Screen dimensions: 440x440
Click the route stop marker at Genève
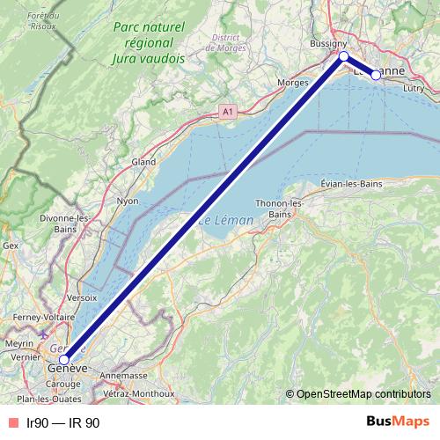[x=63, y=359]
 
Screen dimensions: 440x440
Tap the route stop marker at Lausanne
[x=376, y=75]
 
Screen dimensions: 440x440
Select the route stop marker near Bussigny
[x=343, y=56]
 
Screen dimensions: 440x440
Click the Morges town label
[x=292, y=82]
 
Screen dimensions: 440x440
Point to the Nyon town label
[x=128, y=202]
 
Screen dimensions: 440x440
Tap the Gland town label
[x=143, y=162]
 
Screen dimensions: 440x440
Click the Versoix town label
[x=81, y=297]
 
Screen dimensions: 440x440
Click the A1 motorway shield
[x=228, y=112]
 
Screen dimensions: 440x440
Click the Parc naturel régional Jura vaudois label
[x=149, y=43]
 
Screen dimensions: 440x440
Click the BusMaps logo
[x=399, y=422]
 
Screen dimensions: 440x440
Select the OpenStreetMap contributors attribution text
[x=363, y=393]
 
